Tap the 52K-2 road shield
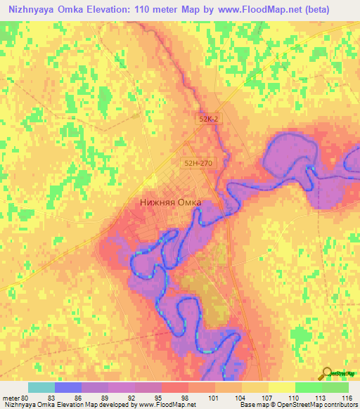[x=209, y=120]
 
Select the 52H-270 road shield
[x=197, y=163]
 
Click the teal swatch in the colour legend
[x=41, y=387]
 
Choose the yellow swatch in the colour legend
[x=281, y=387]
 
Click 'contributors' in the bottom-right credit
[x=340, y=405]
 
